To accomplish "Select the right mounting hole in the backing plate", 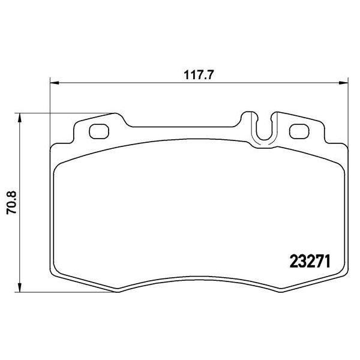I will point(298,130).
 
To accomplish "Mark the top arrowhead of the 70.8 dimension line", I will point(22,116).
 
